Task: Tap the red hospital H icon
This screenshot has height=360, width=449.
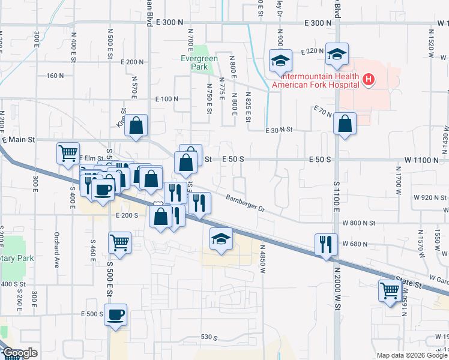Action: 369,79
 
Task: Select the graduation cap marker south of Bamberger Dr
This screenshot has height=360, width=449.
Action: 221,239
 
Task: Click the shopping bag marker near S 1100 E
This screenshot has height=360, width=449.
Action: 345,124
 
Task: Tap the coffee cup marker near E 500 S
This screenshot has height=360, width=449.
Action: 115,314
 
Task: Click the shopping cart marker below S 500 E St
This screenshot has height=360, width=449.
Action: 120,243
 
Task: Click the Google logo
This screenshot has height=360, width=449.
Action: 19,353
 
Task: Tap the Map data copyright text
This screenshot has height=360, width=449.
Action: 411,355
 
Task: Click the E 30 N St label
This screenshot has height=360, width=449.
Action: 279,130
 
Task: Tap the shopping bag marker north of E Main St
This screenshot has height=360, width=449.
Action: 137,125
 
